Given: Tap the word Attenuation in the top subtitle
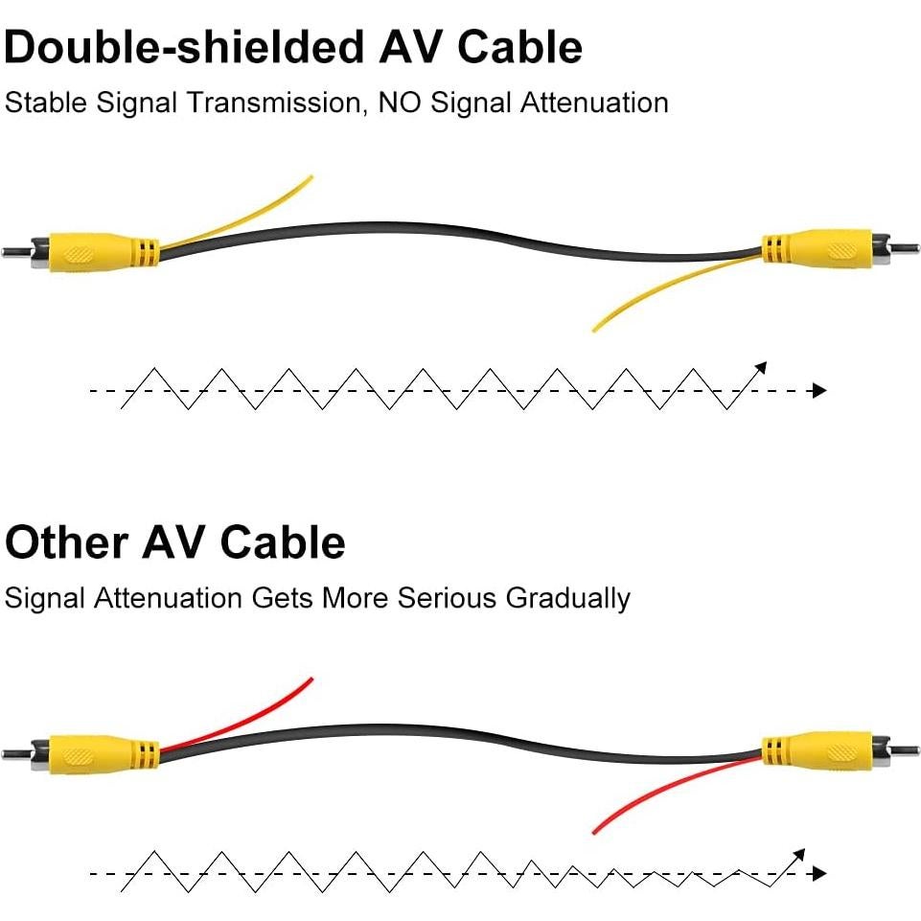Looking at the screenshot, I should click(594, 103).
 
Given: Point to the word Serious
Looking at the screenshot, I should click(448, 598).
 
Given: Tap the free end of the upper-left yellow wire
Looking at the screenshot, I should click(311, 177).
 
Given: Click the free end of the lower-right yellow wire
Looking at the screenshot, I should click(595, 330).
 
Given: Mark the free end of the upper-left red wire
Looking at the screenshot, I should click(311, 679).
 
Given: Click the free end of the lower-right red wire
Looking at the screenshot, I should click(595, 831).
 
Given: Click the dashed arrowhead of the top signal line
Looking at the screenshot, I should click(819, 390).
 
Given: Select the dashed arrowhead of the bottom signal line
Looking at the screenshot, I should click(819, 873).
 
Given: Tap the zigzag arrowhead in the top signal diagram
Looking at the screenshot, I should click(763, 366).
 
